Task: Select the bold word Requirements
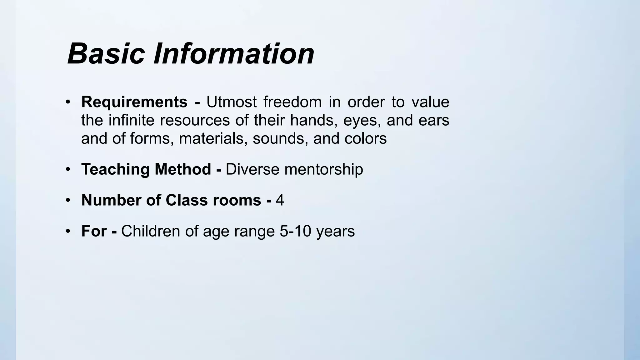coord(134,102)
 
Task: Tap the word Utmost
coord(232,102)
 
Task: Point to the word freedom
coord(292,102)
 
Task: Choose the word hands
coord(313,120)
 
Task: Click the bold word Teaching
coord(115,169)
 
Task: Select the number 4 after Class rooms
coord(280,200)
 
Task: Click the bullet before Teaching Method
coord(68,169)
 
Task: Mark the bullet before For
coord(68,231)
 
